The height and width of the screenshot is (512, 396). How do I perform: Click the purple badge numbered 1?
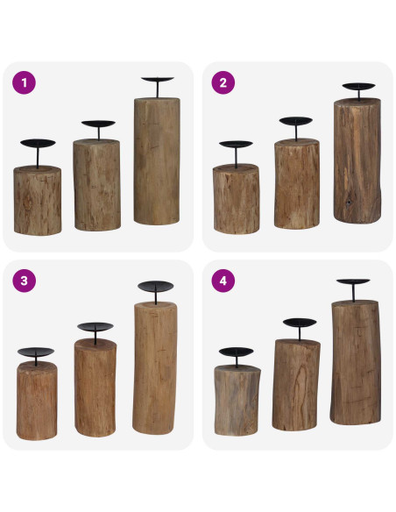point(24,83)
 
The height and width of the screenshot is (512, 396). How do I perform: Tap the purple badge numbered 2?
point(223,83)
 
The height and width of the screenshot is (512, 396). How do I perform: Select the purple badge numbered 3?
point(24,281)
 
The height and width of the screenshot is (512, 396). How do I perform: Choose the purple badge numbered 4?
point(223,281)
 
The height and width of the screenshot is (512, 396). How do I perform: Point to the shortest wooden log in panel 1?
point(37,200)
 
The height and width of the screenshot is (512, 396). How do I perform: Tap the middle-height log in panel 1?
point(96,184)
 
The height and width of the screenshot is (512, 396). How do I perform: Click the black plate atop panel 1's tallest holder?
point(158,80)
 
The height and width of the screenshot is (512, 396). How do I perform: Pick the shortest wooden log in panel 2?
point(237,199)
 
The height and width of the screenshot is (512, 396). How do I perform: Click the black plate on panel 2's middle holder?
point(296,121)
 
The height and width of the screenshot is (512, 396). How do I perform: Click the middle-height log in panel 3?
point(95,388)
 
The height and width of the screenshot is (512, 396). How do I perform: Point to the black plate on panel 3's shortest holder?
point(36,352)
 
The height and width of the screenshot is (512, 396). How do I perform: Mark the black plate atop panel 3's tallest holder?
point(156,286)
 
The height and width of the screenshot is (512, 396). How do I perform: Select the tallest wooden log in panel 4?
point(355,361)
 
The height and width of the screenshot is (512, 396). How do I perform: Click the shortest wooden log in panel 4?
point(237,400)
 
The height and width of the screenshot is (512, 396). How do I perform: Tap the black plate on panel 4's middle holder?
point(299,323)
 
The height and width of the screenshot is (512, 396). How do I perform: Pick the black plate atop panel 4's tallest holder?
point(353,282)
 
